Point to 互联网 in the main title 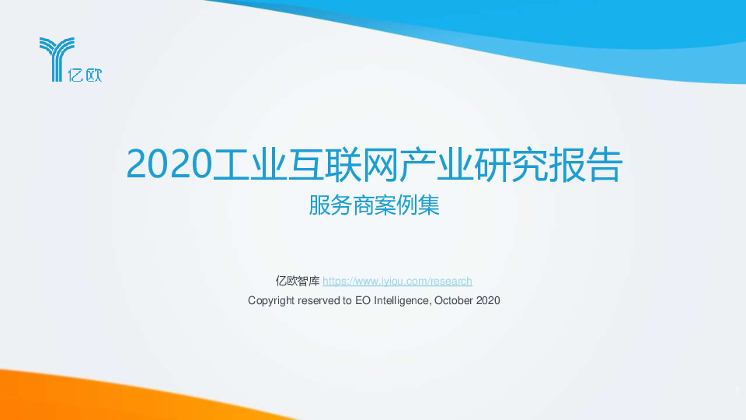pos(349,163)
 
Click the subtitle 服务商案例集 pos(374,207)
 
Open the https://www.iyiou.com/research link pos(397,282)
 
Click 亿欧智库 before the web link pos(297,282)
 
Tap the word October pos(454,300)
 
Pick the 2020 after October pos(487,300)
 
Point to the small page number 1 pos(734,390)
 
